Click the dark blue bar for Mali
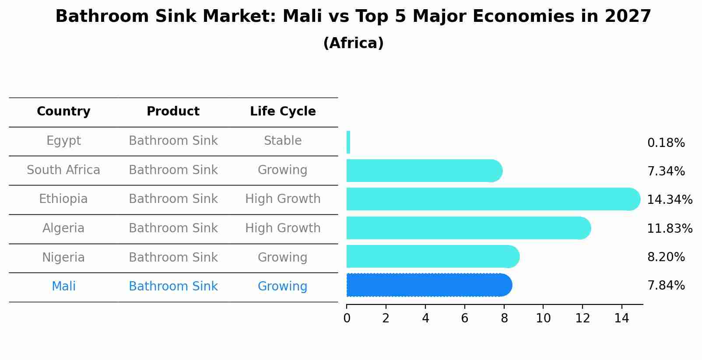(429, 285)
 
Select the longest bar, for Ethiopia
(492, 199)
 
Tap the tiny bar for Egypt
(348, 142)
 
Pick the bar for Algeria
(468, 228)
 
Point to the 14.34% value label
(669, 200)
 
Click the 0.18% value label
(666, 143)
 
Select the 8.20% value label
(666, 257)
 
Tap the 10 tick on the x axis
(543, 318)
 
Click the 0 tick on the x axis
(347, 318)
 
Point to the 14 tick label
(621, 318)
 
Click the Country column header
(63, 112)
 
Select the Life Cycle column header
(283, 112)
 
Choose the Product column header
(173, 112)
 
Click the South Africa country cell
(63, 170)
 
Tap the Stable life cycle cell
(283, 141)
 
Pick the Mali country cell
(63, 287)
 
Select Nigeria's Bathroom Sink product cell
(173, 257)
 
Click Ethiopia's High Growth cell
(283, 199)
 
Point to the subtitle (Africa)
(353, 43)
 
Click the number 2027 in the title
(628, 17)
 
